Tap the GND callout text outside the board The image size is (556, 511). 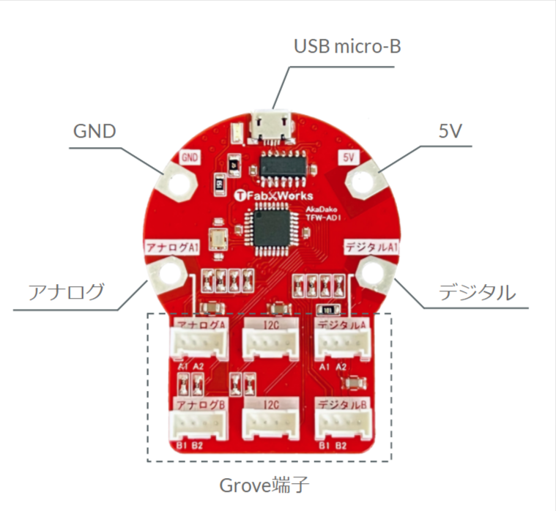(96, 132)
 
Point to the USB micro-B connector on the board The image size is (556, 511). (270, 126)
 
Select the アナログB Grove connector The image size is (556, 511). (198, 425)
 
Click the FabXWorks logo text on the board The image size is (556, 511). (276, 195)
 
